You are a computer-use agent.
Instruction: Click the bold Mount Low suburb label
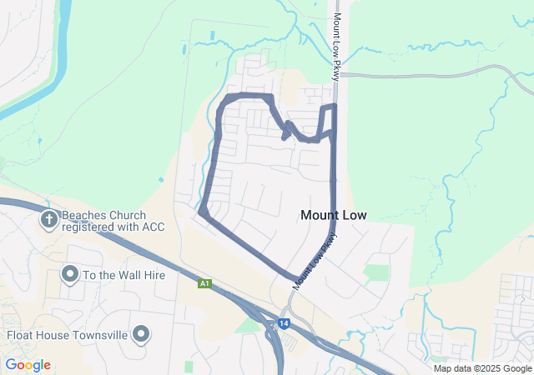333,215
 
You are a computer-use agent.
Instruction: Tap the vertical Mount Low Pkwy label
338,46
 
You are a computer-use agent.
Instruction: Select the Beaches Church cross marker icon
49,220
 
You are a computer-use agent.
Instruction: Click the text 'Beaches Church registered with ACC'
104,221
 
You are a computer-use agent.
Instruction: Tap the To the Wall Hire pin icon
69,274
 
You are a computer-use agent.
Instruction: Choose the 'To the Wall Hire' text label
124,275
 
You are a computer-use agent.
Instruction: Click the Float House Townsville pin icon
141,334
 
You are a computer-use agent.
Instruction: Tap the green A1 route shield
204,284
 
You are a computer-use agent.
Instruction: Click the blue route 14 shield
285,323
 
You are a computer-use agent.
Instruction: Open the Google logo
28,365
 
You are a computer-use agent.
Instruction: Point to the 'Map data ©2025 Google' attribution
482,368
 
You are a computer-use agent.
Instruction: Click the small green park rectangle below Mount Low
376,272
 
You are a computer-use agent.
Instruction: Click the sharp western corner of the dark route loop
201,212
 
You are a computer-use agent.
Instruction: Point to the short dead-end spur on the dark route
285,137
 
